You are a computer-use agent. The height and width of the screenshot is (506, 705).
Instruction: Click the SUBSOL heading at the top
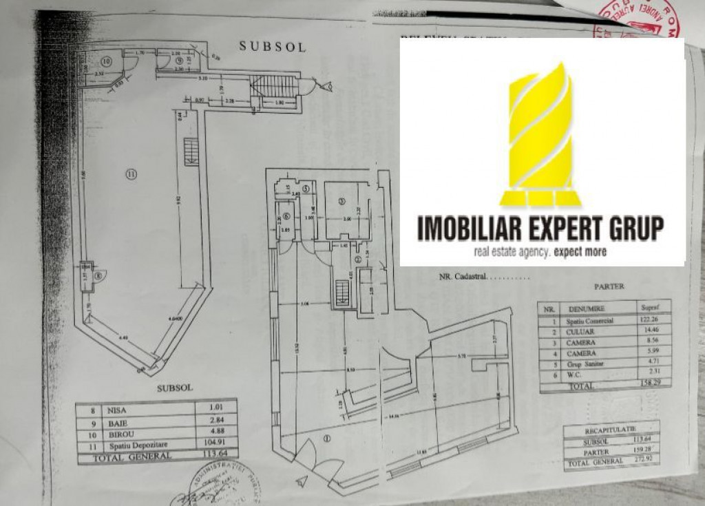pos(272,47)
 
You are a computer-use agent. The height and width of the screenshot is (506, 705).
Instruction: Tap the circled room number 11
pos(131,175)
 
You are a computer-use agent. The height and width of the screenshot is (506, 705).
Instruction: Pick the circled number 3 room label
pos(341,201)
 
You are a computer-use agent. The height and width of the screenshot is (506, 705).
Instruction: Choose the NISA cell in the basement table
pos(120,410)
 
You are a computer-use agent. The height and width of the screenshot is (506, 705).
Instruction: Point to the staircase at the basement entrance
pos(273,86)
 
